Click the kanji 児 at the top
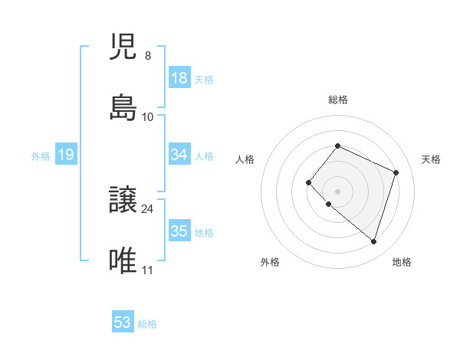pyautogui.click(x=123, y=48)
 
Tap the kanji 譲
pyautogui.click(x=123, y=201)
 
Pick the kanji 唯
pyautogui.click(x=123, y=260)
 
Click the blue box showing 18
pyautogui.click(x=179, y=78)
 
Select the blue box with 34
pyautogui.click(x=179, y=155)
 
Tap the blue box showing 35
pyautogui.click(x=179, y=231)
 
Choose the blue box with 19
pyautogui.click(x=66, y=155)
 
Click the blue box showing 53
pyautogui.click(x=123, y=322)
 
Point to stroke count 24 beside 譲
pyautogui.click(x=148, y=208)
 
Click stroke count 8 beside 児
pyautogui.click(x=147, y=56)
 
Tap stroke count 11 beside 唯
pyautogui.click(x=148, y=270)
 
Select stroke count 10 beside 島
pyautogui.click(x=148, y=116)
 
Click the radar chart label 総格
pyautogui.click(x=337, y=100)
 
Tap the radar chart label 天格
pyautogui.click(x=431, y=159)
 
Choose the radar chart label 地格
pyautogui.click(x=402, y=262)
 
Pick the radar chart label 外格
pyautogui.click(x=270, y=262)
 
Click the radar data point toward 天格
pyautogui.click(x=396, y=172)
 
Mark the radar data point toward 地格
pyautogui.click(x=373, y=242)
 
